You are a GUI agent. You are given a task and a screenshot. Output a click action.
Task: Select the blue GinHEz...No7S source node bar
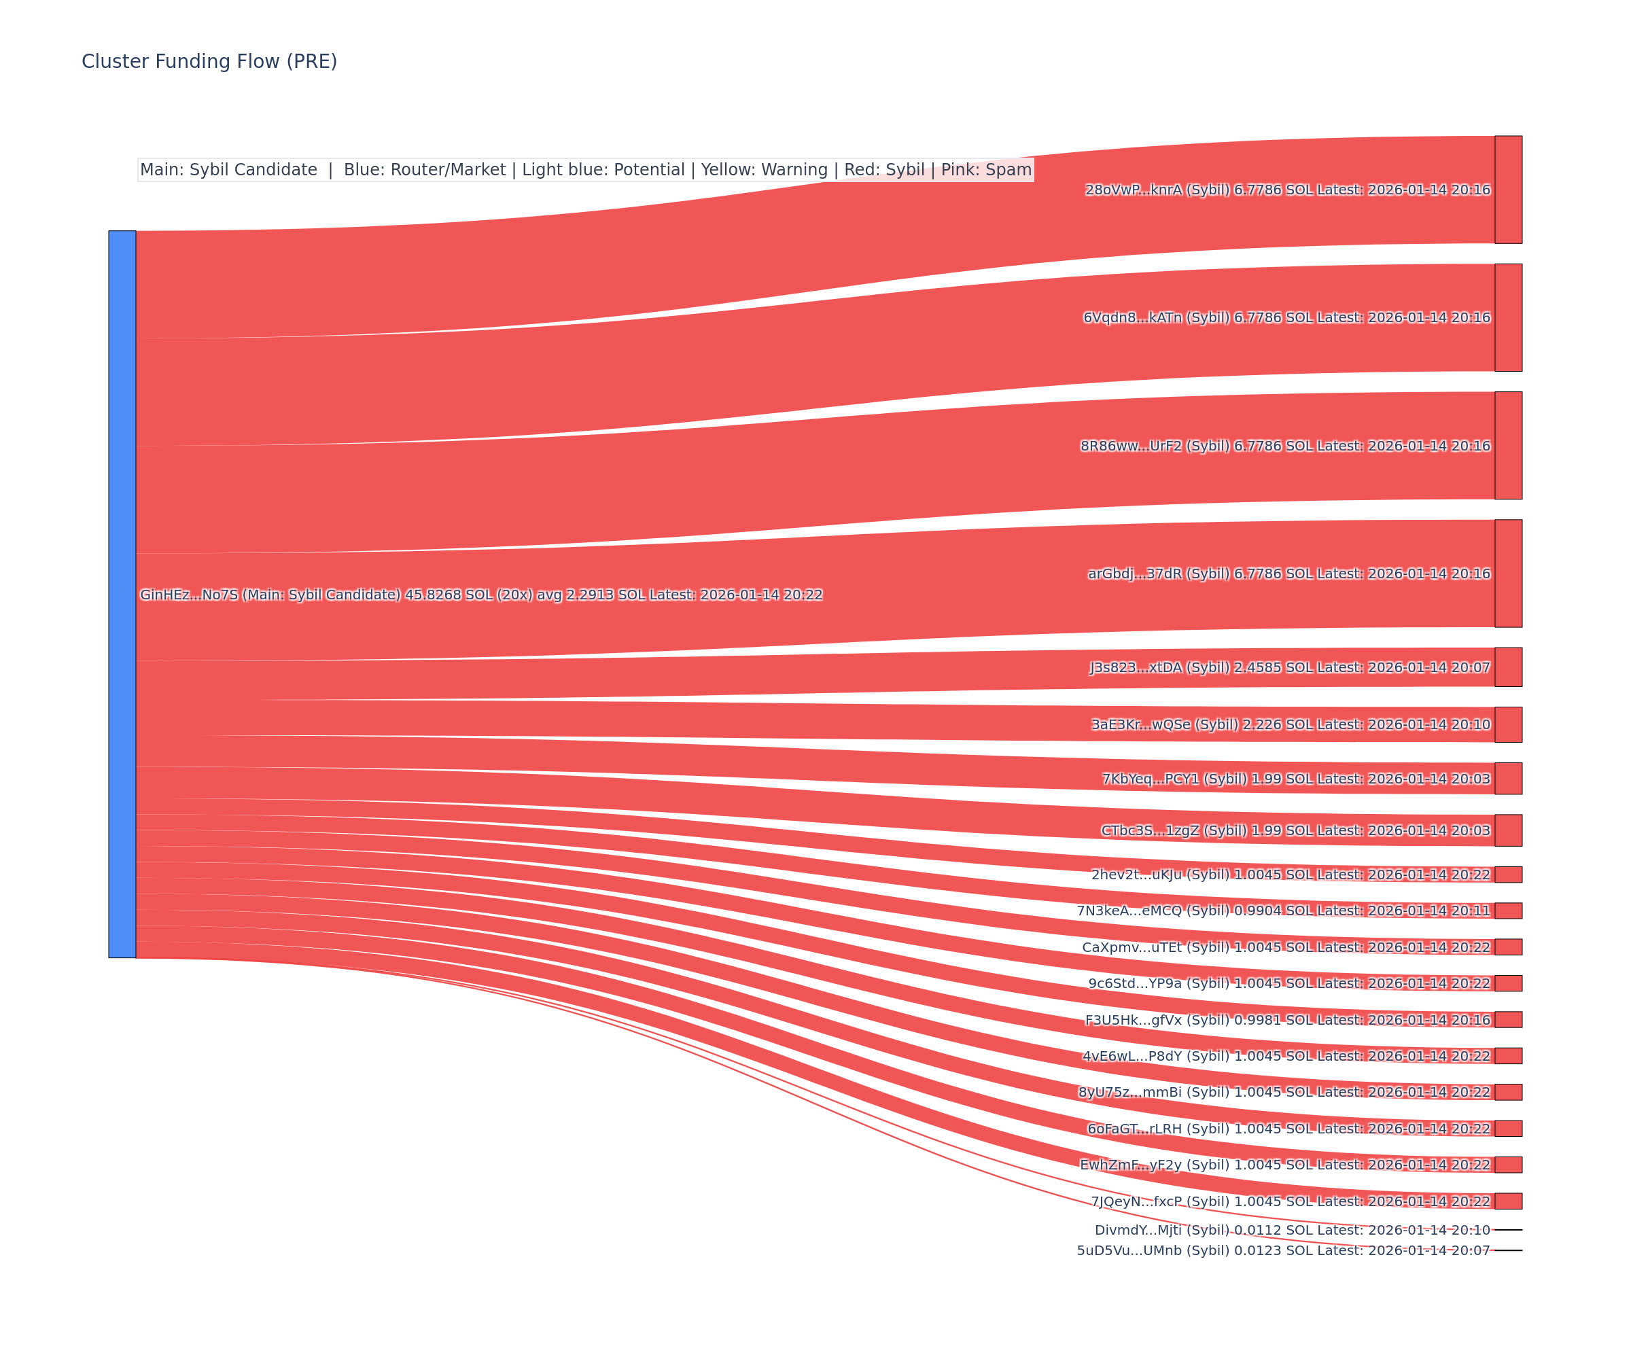coord(122,594)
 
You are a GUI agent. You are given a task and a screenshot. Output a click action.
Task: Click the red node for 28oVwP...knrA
coord(1508,190)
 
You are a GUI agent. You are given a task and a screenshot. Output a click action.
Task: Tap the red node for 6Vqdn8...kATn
coord(1508,317)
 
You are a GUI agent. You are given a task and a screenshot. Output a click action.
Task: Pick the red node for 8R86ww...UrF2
coord(1508,446)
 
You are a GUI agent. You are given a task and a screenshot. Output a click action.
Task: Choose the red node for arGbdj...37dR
coord(1508,573)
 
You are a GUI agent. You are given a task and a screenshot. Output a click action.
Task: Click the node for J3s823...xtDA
coord(1508,667)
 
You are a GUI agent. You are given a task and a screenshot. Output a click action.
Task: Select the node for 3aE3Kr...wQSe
coord(1508,724)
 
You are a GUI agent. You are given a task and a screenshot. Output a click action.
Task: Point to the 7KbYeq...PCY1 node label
coord(1295,779)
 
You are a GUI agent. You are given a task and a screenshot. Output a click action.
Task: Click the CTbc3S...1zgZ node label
coord(1295,831)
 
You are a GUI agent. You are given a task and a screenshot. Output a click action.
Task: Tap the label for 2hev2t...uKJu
coord(1291,875)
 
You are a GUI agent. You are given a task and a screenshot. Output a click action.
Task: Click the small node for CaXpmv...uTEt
coord(1508,947)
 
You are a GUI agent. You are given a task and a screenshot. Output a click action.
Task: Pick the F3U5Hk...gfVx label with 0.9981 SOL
coord(1288,1020)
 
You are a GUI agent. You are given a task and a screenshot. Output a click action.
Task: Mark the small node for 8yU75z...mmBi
coord(1508,1092)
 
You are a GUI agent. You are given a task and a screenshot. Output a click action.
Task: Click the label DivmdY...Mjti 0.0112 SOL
coord(1293,1230)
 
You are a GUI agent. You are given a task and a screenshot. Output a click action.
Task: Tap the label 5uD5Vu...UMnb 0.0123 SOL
coord(1283,1250)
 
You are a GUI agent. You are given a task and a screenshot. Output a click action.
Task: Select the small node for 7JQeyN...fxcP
coord(1508,1201)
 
